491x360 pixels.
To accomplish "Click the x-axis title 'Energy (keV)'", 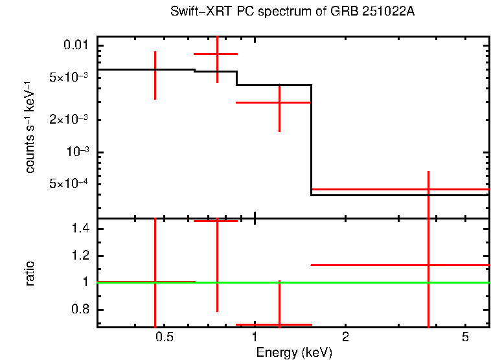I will (293, 352).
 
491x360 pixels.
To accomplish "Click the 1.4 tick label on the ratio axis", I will (80, 229).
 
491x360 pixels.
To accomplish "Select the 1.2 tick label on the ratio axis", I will (80, 256).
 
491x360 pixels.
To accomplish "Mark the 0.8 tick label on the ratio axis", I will (80, 309).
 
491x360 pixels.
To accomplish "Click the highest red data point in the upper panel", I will (217, 54).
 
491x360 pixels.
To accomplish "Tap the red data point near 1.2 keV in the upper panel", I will (279, 102).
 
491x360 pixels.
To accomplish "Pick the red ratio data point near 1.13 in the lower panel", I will (428, 265).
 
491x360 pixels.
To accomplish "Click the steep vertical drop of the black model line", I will (312, 139).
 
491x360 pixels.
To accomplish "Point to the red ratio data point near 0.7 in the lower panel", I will (279, 324).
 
